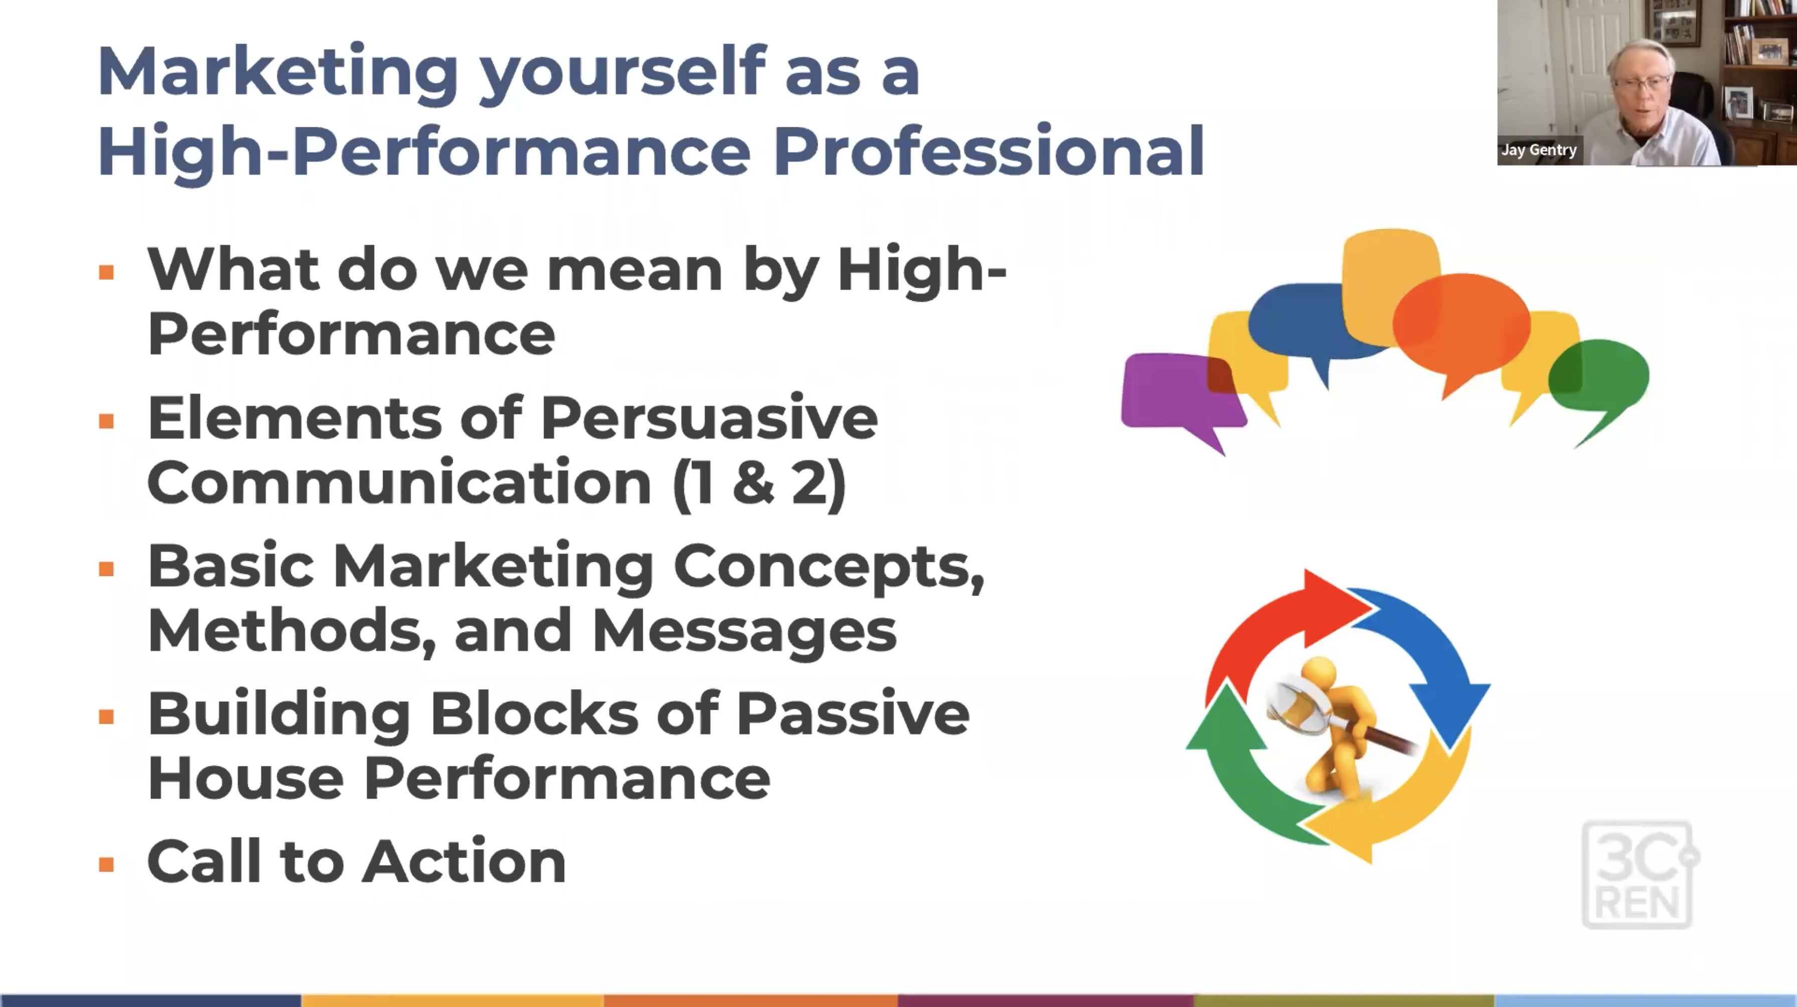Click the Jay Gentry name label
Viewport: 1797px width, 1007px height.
(x=1539, y=150)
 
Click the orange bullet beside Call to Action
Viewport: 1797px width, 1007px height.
(x=106, y=865)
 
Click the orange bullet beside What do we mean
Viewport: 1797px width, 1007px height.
(x=106, y=272)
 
